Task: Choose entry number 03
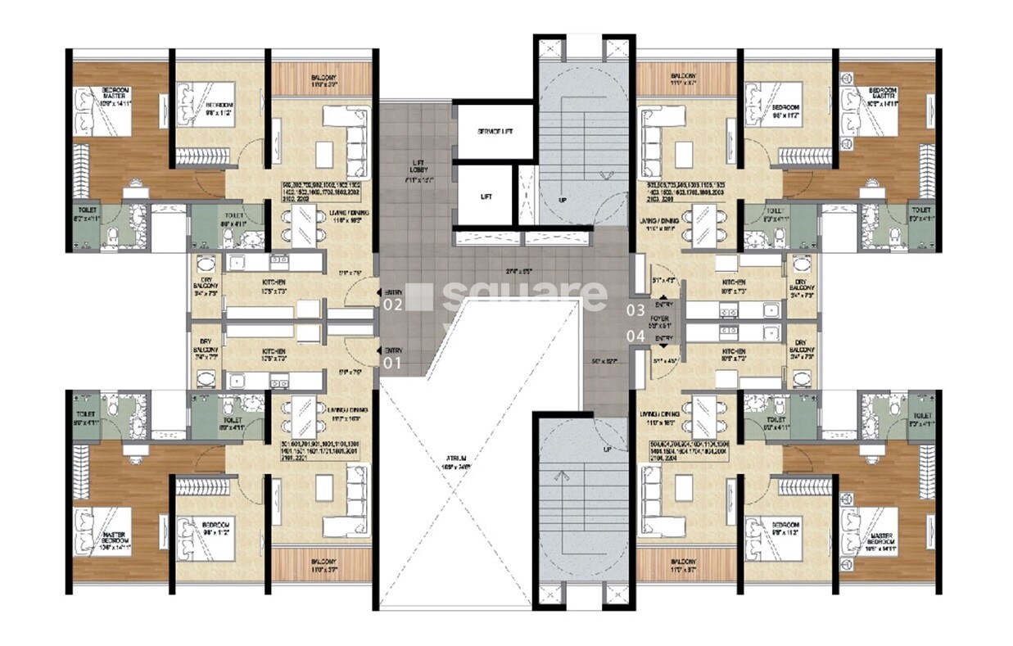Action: tap(635, 309)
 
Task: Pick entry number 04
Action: tap(635, 336)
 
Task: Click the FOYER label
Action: tap(659, 318)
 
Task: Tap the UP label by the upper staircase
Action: tap(561, 200)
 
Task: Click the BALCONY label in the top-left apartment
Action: tap(323, 79)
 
